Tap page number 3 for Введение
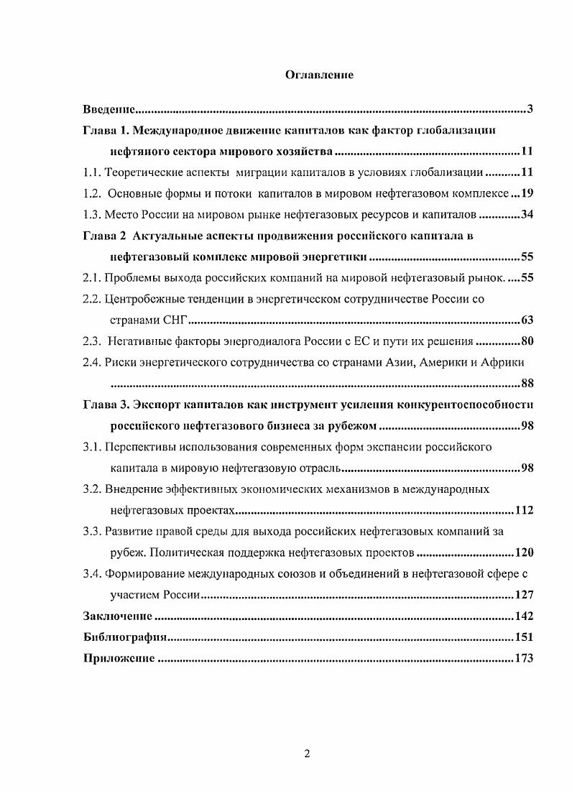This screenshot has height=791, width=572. point(530,109)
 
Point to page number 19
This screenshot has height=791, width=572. point(526,193)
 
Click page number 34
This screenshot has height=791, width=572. point(526,214)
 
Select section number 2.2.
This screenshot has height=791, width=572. point(92,298)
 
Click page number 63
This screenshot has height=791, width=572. point(526,320)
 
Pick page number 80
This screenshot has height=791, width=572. point(526,341)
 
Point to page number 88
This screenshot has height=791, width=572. point(526,383)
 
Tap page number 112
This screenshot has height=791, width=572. point(524,510)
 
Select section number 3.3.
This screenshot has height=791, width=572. point(92,531)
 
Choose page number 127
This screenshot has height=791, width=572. point(524,595)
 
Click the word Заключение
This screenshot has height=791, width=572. point(117,616)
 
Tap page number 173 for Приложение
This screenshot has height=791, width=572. point(524,658)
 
